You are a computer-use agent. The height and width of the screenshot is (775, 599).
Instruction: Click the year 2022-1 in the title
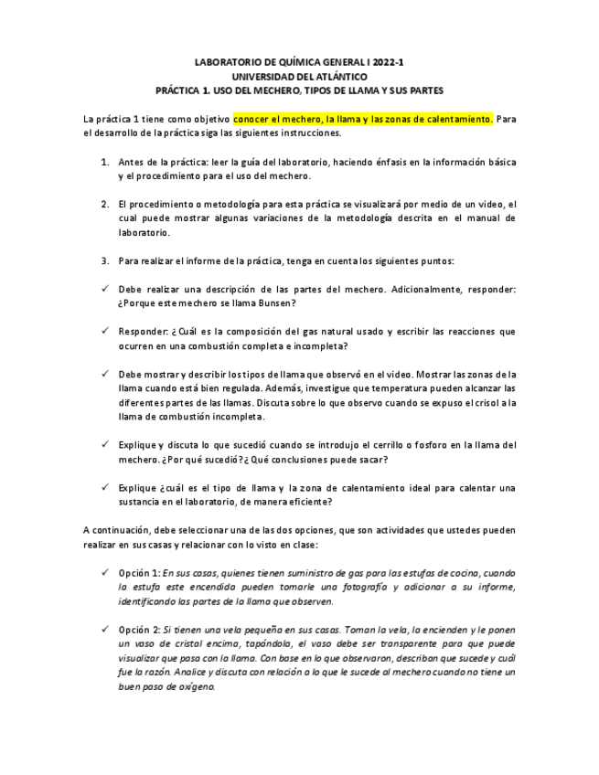point(387,62)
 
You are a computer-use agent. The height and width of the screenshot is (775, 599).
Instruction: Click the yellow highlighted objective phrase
point(363,119)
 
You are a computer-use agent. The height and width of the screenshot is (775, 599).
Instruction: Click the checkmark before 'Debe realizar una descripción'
point(106,289)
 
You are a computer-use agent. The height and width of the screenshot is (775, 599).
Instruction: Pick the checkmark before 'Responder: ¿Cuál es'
point(106,331)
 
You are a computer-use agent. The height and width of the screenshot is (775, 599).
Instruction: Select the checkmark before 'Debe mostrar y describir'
point(106,374)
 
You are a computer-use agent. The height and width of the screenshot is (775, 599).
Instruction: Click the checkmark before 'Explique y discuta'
point(106,444)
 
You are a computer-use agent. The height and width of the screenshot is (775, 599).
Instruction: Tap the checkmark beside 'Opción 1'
point(106,572)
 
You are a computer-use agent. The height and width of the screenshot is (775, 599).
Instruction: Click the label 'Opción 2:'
point(139,630)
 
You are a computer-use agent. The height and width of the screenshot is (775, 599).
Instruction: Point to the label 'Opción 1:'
point(139,572)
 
